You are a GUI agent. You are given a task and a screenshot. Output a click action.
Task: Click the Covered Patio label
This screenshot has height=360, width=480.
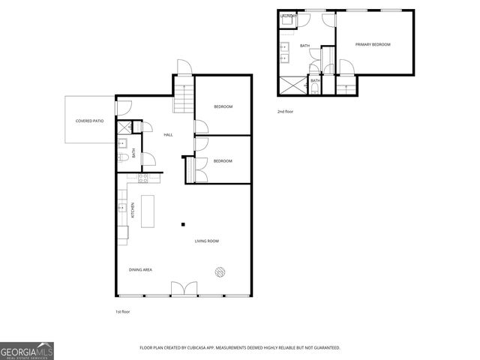point(89,121)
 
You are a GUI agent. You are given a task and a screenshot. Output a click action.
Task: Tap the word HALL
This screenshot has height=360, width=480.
point(169,134)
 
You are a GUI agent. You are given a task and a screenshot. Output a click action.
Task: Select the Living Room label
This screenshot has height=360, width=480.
point(207,241)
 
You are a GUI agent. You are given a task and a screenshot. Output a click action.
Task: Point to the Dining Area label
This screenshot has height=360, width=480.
point(142,269)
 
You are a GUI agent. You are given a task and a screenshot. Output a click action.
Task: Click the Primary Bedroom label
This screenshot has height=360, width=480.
point(373,45)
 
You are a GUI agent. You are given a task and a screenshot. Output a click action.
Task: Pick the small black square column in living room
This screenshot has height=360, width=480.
point(183,223)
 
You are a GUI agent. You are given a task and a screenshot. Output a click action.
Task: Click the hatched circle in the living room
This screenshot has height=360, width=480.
point(220,272)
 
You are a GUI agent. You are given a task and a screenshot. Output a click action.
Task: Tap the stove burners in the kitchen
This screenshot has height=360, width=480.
point(143,178)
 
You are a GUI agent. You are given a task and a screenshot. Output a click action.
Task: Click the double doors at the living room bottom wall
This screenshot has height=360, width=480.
point(183,289)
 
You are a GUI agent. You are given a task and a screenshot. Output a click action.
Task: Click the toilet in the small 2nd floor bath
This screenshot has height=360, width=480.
point(316,88)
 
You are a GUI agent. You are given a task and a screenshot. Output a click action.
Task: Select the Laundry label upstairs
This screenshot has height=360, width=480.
point(289,16)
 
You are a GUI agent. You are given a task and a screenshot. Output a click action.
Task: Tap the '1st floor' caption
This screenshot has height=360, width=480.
point(123,311)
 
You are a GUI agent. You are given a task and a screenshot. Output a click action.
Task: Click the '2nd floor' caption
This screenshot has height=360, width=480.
point(285,111)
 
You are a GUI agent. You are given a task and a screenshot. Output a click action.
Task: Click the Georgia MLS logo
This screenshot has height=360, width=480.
point(27,350)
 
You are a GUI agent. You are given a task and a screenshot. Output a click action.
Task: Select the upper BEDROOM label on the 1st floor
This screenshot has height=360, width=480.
point(223,106)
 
